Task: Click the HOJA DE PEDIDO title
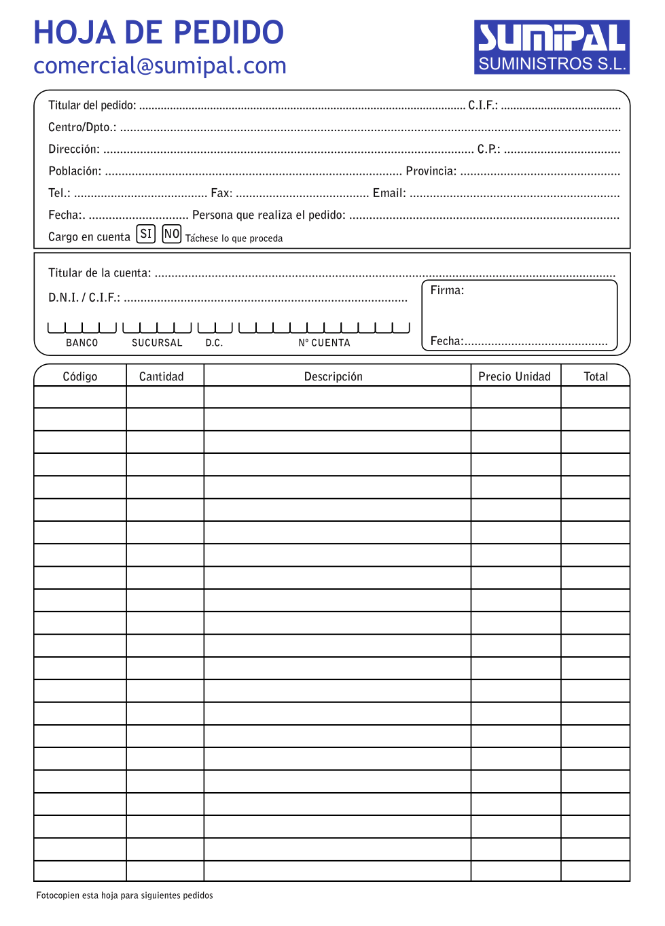pyautogui.click(x=158, y=33)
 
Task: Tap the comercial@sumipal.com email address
pyautogui.click(x=160, y=66)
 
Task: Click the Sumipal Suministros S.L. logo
pyautogui.click(x=552, y=47)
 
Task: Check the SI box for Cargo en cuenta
pyautogui.click(x=146, y=234)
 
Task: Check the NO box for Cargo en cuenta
pyautogui.click(x=172, y=234)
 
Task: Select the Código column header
pyautogui.click(x=80, y=376)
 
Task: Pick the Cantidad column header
pyautogui.click(x=161, y=376)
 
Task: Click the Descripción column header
pyautogui.click(x=333, y=376)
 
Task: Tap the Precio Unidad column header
pyautogui.click(x=514, y=376)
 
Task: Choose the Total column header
pyautogui.click(x=596, y=376)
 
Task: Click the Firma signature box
pyautogui.click(x=520, y=315)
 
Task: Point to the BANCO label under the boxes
pyautogui.click(x=82, y=343)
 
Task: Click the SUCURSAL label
pyautogui.click(x=157, y=343)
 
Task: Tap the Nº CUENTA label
pyautogui.click(x=324, y=343)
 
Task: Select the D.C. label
pyautogui.click(x=214, y=343)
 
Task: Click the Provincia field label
pyautogui.click(x=431, y=171)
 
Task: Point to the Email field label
pyautogui.click(x=389, y=193)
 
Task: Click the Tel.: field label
pyautogui.click(x=59, y=193)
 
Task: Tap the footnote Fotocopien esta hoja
pyautogui.click(x=124, y=895)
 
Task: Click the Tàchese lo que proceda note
pyautogui.click(x=234, y=238)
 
